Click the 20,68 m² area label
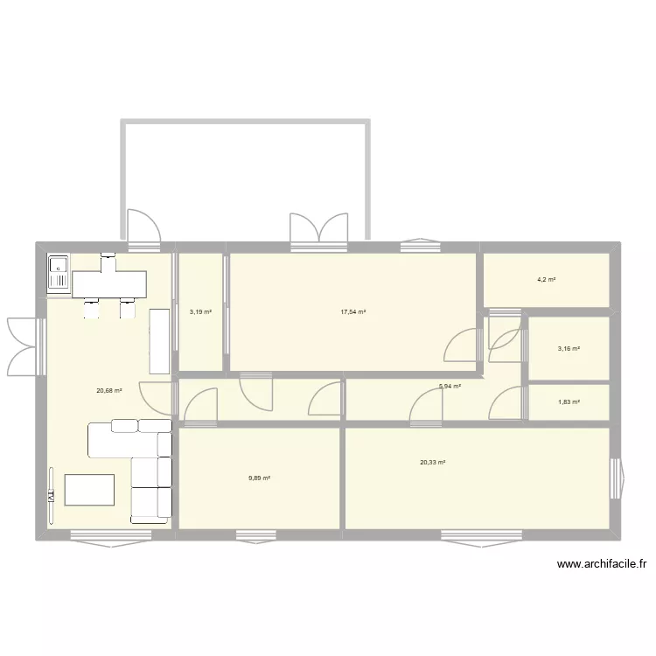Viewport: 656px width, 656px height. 109,391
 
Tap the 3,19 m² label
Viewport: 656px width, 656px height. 200,311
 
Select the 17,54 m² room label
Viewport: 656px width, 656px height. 353,311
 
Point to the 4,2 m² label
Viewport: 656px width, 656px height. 547,280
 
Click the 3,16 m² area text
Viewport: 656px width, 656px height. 569,349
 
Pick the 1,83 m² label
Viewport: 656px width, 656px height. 569,402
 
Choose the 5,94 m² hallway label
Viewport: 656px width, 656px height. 450,386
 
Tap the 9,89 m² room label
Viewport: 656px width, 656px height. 259,478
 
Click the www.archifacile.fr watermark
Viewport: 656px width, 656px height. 603,565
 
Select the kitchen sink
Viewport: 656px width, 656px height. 59,272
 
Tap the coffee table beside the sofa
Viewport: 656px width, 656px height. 89,491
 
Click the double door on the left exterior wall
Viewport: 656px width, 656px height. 24,345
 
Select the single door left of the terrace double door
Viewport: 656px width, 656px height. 143,228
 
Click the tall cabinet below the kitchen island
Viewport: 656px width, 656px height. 158,340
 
